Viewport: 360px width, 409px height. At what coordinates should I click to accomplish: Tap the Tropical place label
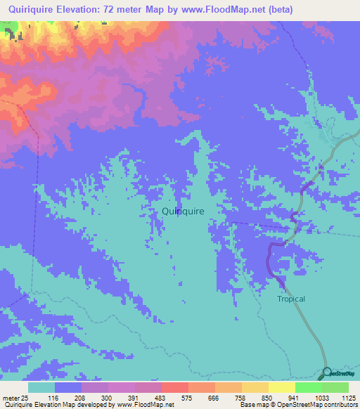pos(290,299)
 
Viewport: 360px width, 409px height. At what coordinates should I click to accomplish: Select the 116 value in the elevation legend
pos(53,398)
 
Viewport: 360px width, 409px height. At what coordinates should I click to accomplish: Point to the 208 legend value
pos(79,398)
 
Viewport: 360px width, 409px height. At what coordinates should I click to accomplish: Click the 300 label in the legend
pos(107,398)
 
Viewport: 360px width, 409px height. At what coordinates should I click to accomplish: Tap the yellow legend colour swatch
pos(281,387)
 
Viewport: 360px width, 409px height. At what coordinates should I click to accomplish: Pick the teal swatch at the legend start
pos(41,387)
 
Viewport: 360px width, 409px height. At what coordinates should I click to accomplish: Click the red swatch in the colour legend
pos(174,387)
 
